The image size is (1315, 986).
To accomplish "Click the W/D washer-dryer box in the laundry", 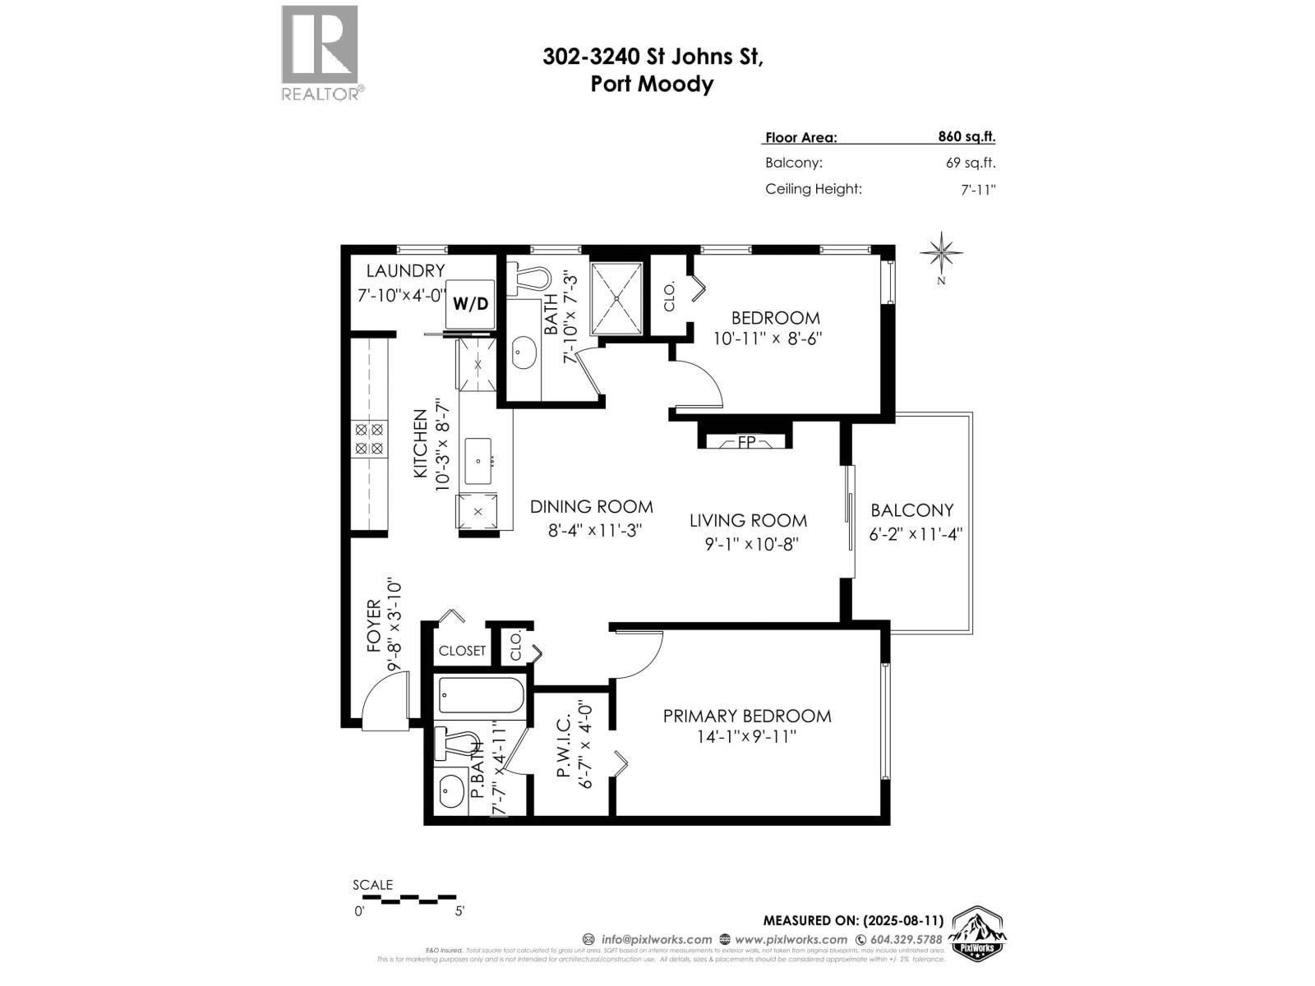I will [471, 303].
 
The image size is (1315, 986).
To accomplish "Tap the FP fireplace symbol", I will [745, 443].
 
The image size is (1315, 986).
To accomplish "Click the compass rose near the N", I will [942, 252].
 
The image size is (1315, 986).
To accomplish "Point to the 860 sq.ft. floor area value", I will [967, 137].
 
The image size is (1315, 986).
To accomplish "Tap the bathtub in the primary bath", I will [481, 695].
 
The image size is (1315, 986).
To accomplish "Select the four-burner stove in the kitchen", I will [369, 438].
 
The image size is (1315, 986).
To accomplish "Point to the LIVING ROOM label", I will [748, 520].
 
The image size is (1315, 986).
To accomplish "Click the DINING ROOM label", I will [591, 507].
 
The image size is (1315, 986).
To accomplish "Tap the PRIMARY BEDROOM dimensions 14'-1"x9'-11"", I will [747, 737].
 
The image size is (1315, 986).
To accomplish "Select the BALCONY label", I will [912, 510].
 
